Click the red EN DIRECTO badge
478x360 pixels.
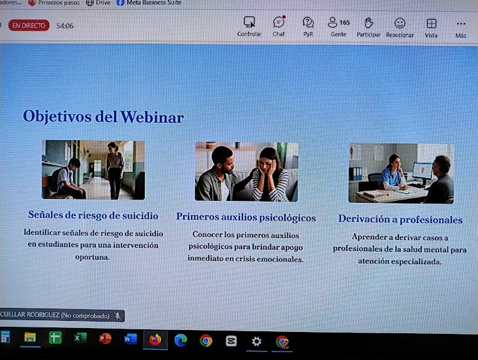[x=29, y=25]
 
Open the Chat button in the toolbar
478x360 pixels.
[x=279, y=22]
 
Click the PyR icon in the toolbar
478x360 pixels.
[x=308, y=22]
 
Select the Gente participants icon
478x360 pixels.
[x=333, y=22]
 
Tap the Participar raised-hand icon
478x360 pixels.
[x=369, y=23]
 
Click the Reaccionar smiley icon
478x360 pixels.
[x=400, y=23]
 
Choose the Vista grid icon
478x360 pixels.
[x=431, y=23]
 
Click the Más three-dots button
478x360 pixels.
[x=461, y=23]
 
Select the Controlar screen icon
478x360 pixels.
[x=249, y=22]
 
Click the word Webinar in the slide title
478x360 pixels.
[x=152, y=117]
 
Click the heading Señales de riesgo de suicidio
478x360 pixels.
[x=93, y=215]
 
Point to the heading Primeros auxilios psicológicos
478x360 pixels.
[x=246, y=217]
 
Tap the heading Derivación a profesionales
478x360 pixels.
[x=400, y=219]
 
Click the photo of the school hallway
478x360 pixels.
[x=93, y=170]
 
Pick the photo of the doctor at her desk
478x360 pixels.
[x=401, y=173]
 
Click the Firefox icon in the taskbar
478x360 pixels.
[x=155, y=339]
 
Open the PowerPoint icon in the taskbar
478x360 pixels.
[x=105, y=338]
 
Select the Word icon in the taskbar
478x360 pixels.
[x=130, y=338]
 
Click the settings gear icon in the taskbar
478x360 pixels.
[x=256, y=341]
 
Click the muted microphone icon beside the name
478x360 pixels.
[x=117, y=316]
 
